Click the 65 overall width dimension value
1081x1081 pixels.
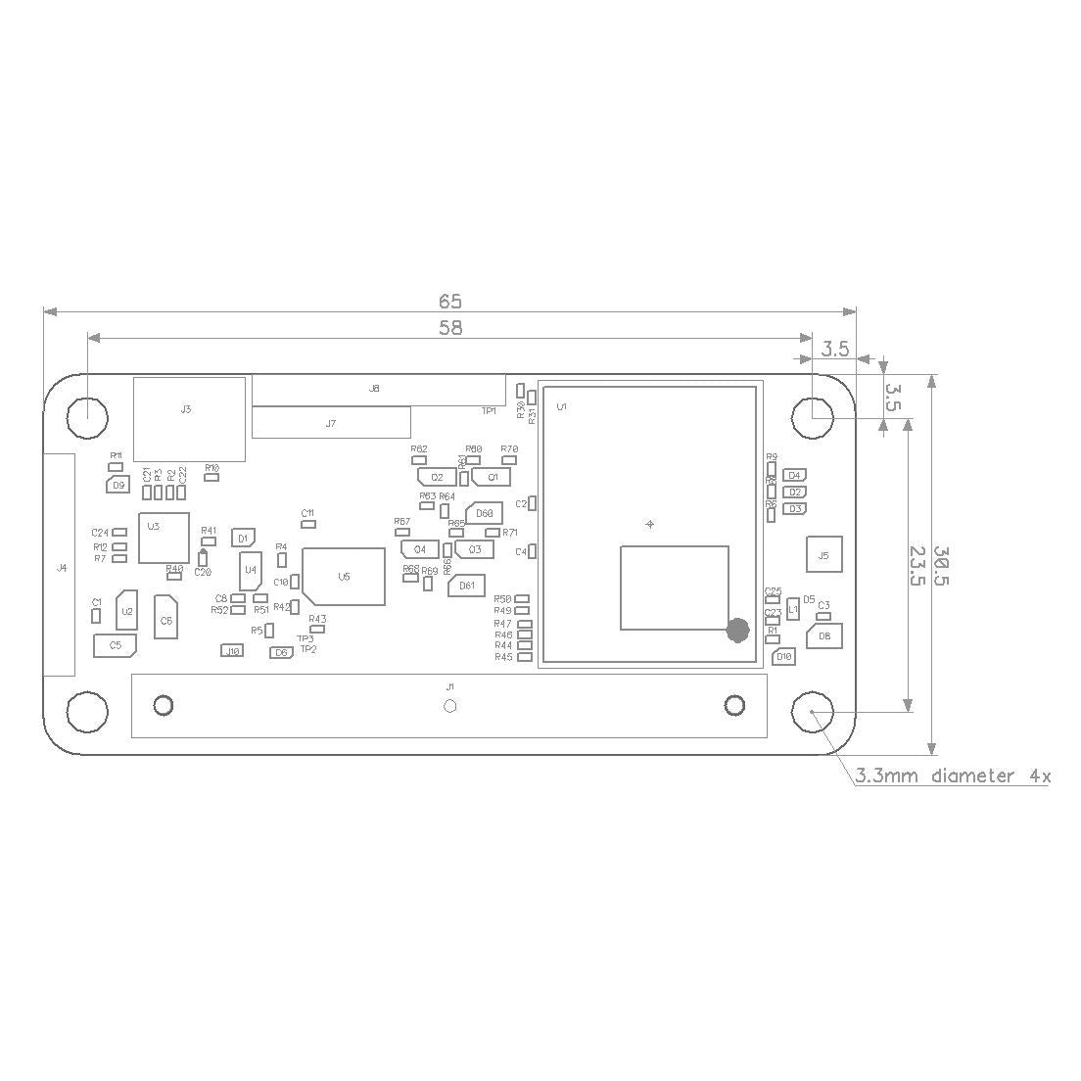click(449, 301)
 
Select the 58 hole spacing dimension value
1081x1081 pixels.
click(449, 328)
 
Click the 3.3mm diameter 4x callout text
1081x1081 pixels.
click(953, 776)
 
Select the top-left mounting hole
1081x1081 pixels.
click(87, 417)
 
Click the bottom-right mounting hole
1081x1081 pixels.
click(812, 712)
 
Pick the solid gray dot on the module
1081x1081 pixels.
click(738, 631)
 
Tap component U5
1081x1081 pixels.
click(343, 577)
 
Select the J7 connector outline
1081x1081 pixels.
click(330, 423)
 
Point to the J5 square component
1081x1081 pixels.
click(822, 555)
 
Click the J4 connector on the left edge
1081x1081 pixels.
click(61, 566)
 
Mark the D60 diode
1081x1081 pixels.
click(484, 513)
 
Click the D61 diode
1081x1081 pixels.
click(466, 586)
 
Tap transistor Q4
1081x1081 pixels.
click(419, 549)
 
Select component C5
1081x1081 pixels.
click(116, 645)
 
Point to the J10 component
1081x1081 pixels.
click(231, 650)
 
